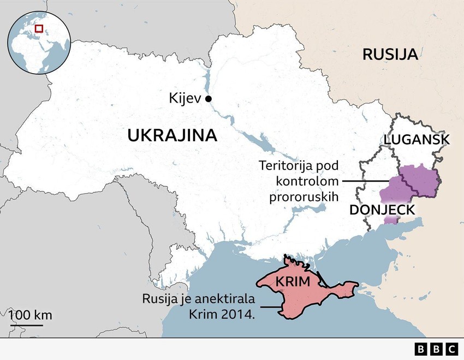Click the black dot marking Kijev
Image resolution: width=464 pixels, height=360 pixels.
click(208, 99)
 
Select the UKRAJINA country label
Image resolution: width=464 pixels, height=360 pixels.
click(172, 135)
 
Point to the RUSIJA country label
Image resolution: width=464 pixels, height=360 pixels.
click(390, 54)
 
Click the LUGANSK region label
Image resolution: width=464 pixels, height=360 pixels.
click(417, 139)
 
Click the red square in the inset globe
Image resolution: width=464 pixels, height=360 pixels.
click(39, 28)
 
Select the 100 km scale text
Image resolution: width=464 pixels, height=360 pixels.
click(30, 315)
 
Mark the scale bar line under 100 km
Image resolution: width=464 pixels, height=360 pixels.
click(26, 325)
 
